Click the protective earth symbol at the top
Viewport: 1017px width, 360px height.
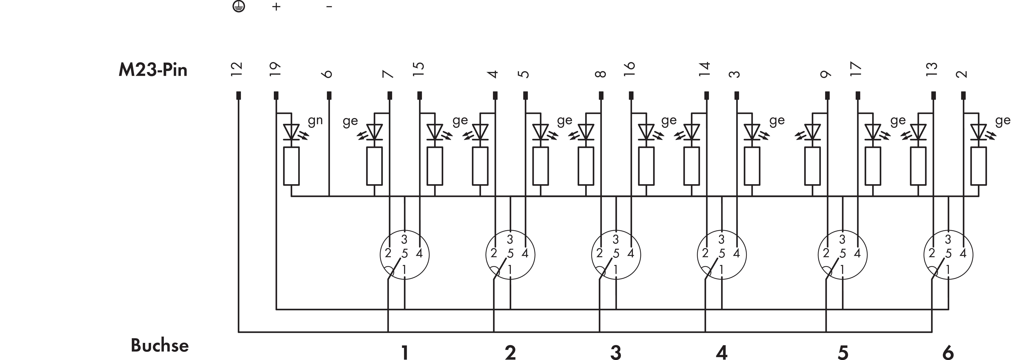(239, 6)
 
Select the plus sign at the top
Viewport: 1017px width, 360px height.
(276, 7)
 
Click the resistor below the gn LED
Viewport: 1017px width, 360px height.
(291, 166)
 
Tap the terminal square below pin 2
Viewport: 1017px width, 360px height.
(963, 96)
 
